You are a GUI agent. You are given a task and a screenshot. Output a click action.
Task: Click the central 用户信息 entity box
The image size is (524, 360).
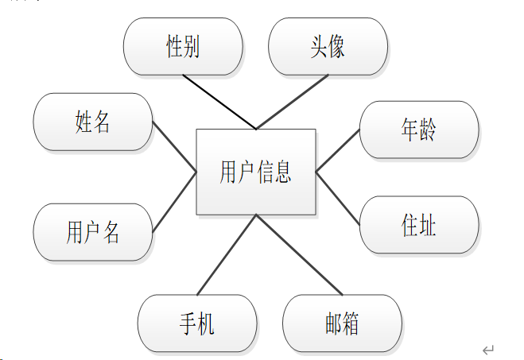pos(256,172)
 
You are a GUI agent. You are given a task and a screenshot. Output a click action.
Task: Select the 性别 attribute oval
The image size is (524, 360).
pos(183,47)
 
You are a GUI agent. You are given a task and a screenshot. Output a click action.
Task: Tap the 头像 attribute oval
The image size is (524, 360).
pos(328,47)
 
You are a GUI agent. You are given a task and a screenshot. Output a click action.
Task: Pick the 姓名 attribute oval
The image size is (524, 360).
pos(92,122)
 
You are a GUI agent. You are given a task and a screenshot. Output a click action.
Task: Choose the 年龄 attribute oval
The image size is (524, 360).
pos(419,130)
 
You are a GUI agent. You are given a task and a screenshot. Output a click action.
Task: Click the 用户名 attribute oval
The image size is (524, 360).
pos(92,232)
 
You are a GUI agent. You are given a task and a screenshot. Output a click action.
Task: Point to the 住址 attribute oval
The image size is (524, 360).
pos(419,225)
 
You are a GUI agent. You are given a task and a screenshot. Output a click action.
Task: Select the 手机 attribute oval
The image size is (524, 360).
pos(197,323)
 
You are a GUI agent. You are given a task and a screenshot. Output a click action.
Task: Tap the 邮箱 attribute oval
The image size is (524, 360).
pos(342,323)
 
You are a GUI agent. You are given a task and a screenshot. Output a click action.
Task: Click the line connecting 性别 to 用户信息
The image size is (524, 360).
pos(219,102)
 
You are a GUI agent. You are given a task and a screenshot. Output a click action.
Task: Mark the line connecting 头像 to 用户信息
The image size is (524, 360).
pos(291,102)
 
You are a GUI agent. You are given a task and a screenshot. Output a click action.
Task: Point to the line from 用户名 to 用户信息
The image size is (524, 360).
pos(174,202)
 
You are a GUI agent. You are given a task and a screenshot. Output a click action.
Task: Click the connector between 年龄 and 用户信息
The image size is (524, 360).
pos(338,151)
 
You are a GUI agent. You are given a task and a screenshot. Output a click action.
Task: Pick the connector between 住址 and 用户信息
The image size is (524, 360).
pos(338,198)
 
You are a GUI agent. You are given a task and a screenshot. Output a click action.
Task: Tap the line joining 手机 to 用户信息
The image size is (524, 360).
pos(227,254)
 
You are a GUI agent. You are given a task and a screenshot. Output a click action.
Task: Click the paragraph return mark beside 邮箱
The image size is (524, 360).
pos(488,350)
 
